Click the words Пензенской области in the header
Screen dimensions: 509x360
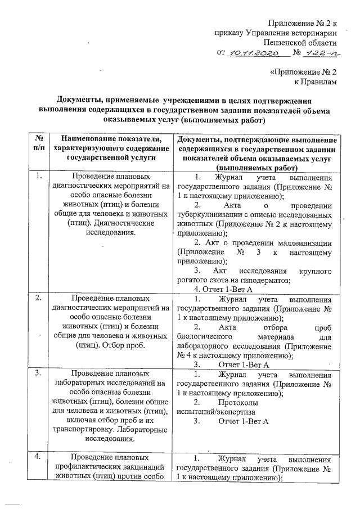coord(301,42)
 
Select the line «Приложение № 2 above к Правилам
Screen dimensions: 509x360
coord(304,72)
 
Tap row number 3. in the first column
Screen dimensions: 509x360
coord(39,373)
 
